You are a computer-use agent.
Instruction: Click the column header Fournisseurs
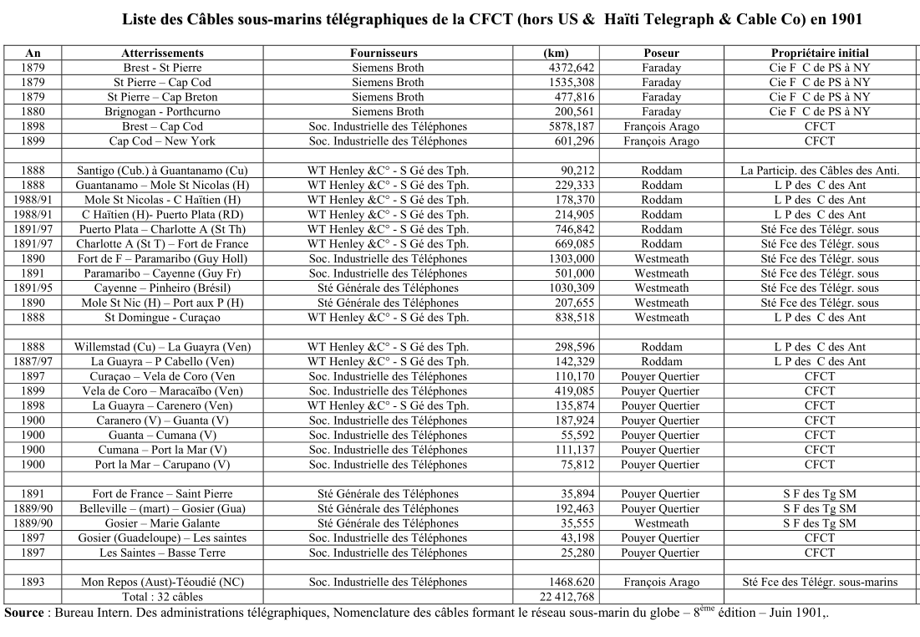coord(388,53)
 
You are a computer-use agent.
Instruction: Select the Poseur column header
coord(661,53)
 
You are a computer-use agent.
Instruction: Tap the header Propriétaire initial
coord(819,53)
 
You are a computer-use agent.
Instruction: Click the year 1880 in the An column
coord(33,111)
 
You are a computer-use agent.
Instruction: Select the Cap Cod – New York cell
coord(162,141)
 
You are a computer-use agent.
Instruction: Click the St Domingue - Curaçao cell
coord(162,318)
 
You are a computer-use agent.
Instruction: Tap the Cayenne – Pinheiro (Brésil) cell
coord(162,288)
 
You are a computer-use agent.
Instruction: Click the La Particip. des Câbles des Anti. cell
coord(819,171)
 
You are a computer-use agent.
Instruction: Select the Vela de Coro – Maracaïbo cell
coord(162,390)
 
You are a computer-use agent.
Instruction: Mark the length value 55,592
coord(577,435)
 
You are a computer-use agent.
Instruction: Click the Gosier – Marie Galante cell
coord(162,523)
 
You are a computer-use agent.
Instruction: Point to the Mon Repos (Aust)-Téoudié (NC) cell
coord(162,582)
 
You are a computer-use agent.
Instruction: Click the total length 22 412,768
coord(567,597)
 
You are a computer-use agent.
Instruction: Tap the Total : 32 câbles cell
coord(162,597)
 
